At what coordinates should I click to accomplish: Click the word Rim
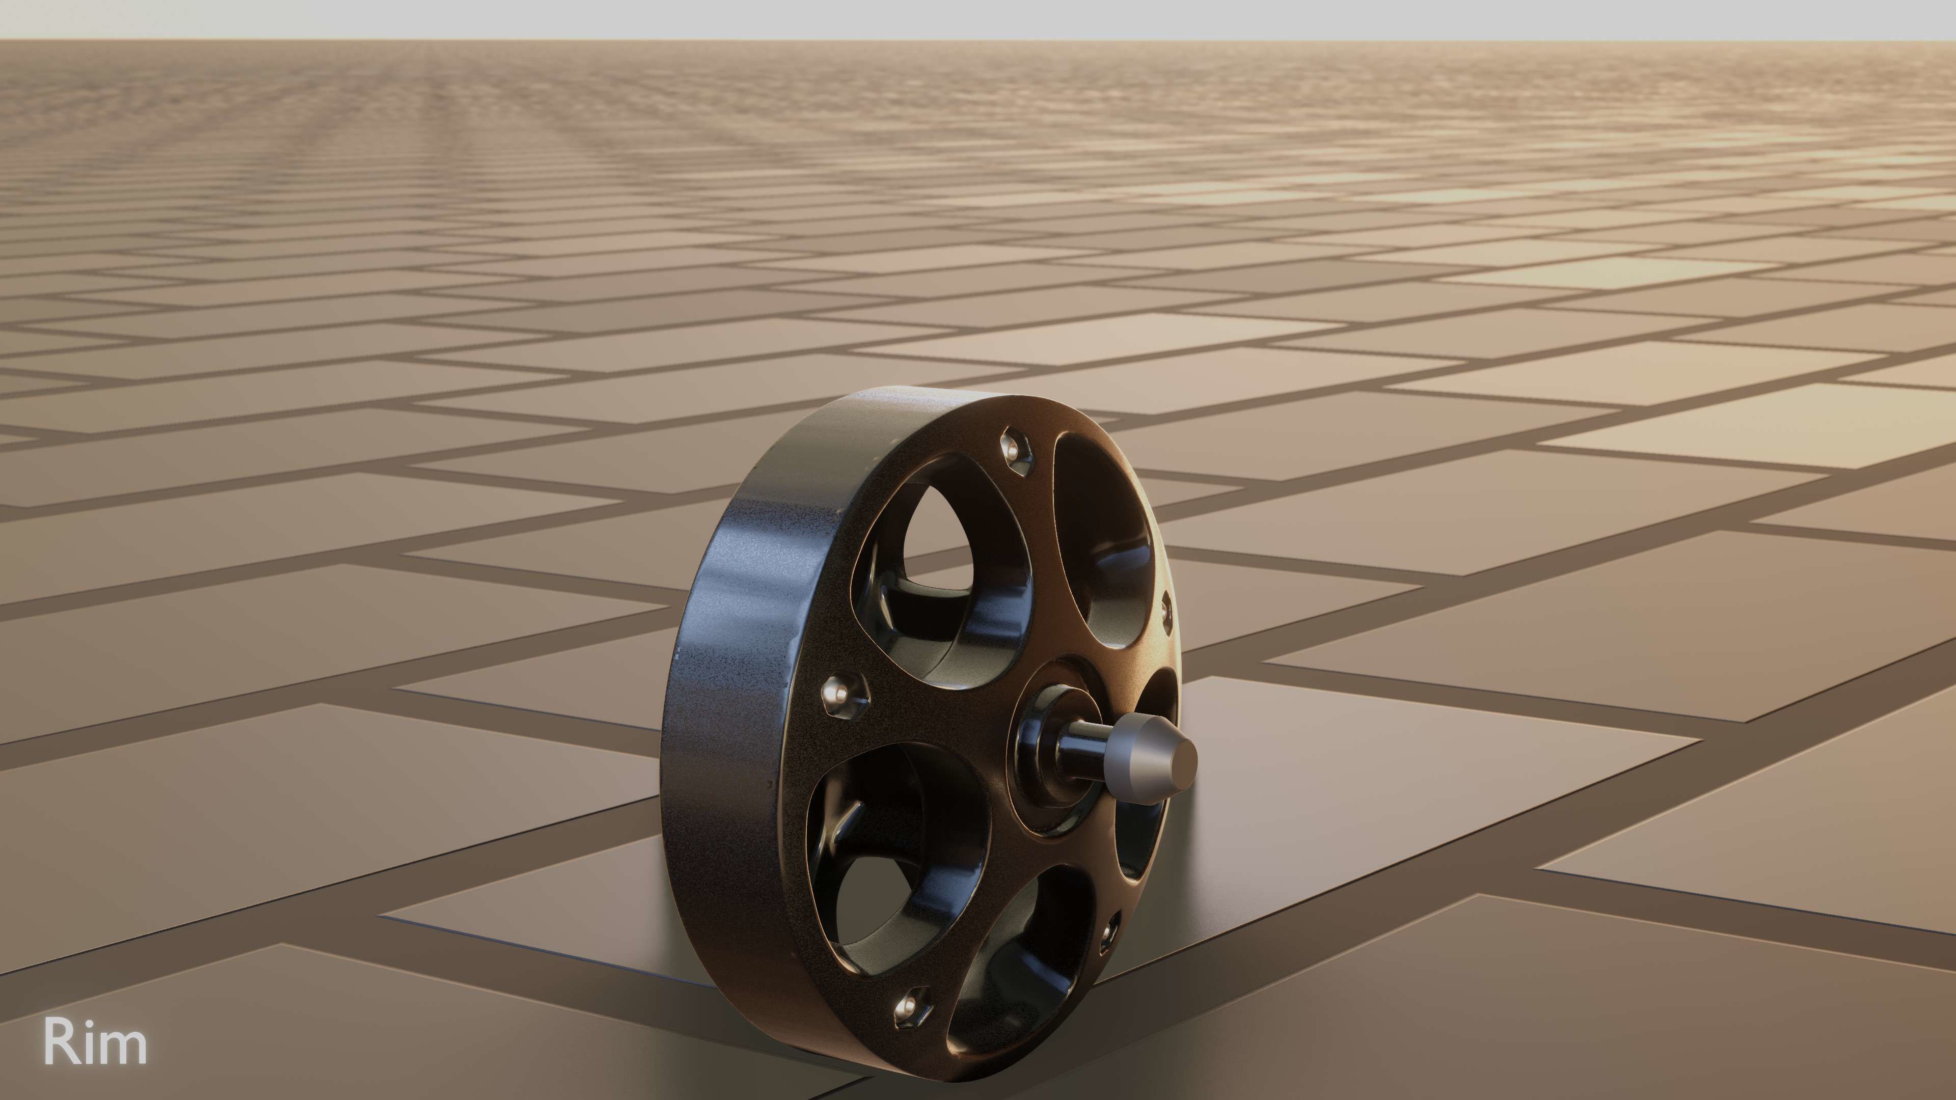coord(95,1042)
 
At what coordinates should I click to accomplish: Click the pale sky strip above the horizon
coord(978,19)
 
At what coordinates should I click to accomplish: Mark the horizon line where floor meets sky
coord(978,40)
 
